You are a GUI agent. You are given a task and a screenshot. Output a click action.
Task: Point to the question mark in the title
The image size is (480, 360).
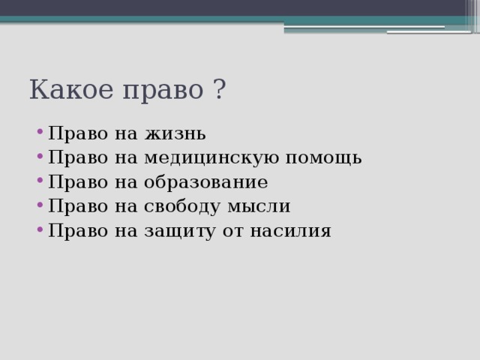tap(219, 91)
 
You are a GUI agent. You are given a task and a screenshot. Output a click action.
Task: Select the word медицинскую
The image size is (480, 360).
tap(212, 158)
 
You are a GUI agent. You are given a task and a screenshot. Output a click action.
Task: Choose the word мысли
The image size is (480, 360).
tap(262, 207)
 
